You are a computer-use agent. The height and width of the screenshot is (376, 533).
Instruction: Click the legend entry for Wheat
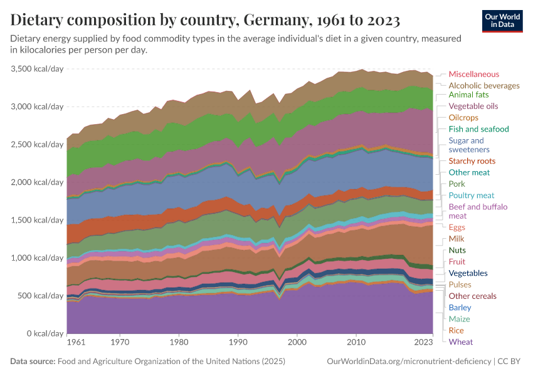[461, 342]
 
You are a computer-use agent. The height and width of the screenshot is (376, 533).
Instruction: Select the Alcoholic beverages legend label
[483, 85]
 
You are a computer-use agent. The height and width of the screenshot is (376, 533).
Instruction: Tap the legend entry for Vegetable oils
[473, 107]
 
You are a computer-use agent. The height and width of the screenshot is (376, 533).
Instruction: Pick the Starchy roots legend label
[472, 161]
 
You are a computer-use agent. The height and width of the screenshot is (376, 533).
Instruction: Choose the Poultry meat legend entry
[472, 196]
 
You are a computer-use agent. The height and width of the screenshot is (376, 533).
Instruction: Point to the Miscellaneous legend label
[473, 74]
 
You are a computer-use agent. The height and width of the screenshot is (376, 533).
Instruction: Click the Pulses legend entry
[460, 285]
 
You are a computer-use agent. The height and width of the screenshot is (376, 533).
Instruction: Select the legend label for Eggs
[457, 227]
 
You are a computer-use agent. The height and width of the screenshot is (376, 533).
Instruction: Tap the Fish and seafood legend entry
[478, 129]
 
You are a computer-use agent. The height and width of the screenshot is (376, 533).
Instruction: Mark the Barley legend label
[460, 308]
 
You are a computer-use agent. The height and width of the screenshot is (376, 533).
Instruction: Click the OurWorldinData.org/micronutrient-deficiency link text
[408, 362]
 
